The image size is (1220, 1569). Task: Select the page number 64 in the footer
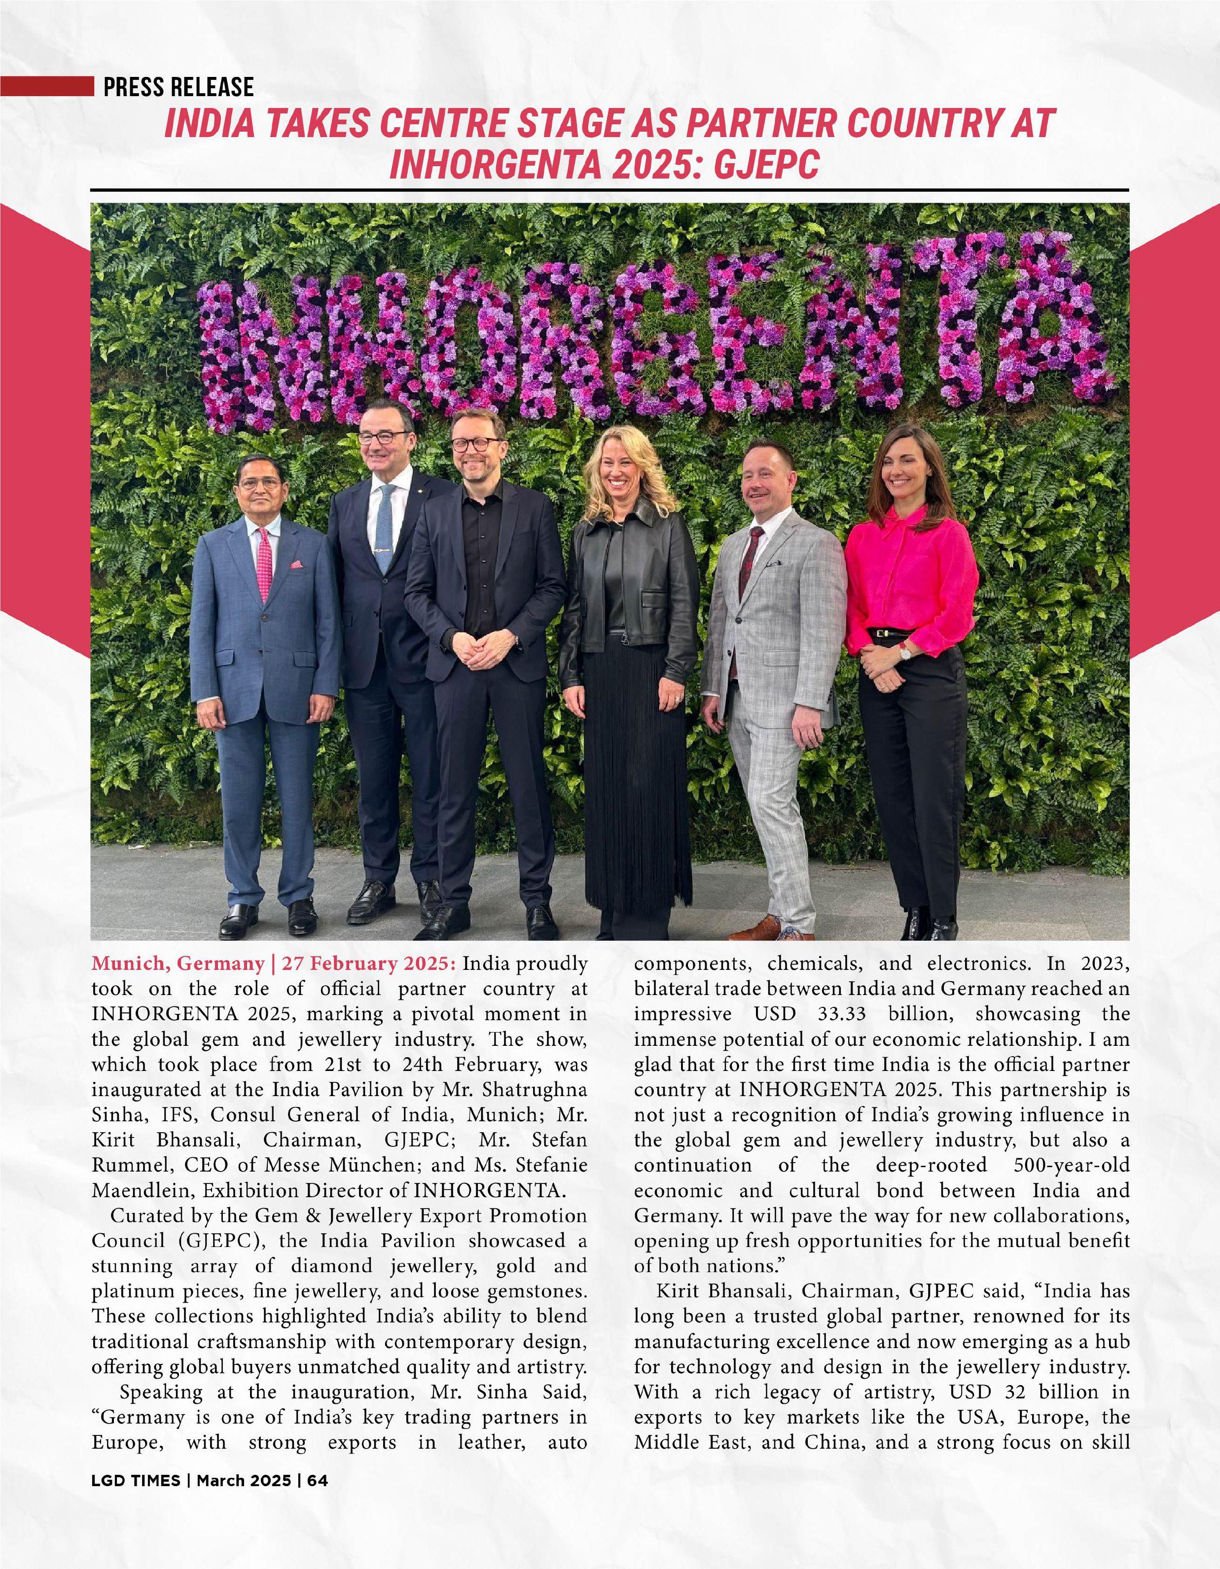click(318, 1535)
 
